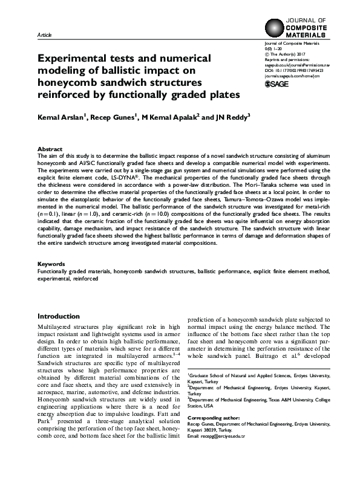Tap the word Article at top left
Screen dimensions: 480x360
[x=44, y=36]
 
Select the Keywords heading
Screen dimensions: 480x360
[x=51, y=264]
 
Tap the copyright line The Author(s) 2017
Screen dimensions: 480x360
[x=288, y=54]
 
